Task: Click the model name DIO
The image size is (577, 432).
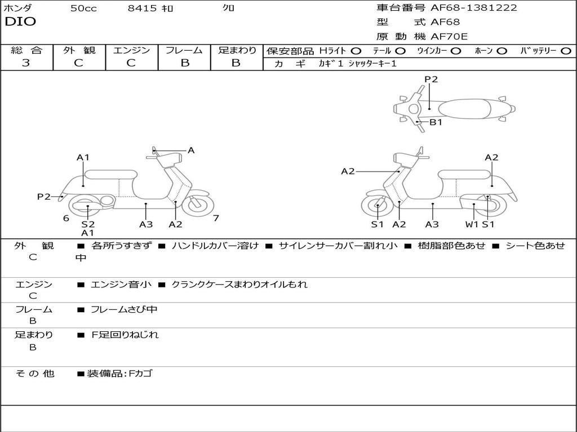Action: pyautogui.click(x=20, y=22)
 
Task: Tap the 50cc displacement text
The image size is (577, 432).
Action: pyautogui.click(x=83, y=8)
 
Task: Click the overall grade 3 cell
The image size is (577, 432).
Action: pyautogui.click(x=26, y=63)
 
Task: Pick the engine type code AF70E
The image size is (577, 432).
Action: pyautogui.click(x=449, y=37)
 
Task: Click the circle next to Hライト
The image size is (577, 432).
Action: pyautogui.click(x=356, y=51)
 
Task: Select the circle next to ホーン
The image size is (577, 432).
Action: pyautogui.click(x=502, y=51)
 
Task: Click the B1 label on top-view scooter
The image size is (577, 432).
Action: pyautogui.click(x=436, y=122)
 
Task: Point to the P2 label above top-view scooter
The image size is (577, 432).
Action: pyautogui.click(x=431, y=79)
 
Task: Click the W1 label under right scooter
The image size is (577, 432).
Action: pyautogui.click(x=472, y=224)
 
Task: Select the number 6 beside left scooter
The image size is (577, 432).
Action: pyautogui.click(x=66, y=218)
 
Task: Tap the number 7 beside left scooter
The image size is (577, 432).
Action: pyautogui.click(x=216, y=218)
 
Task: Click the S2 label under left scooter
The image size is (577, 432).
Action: pyautogui.click(x=88, y=224)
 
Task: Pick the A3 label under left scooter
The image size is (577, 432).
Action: pyautogui.click(x=146, y=224)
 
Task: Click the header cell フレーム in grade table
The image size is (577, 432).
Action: pyautogui.click(x=184, y=50)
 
